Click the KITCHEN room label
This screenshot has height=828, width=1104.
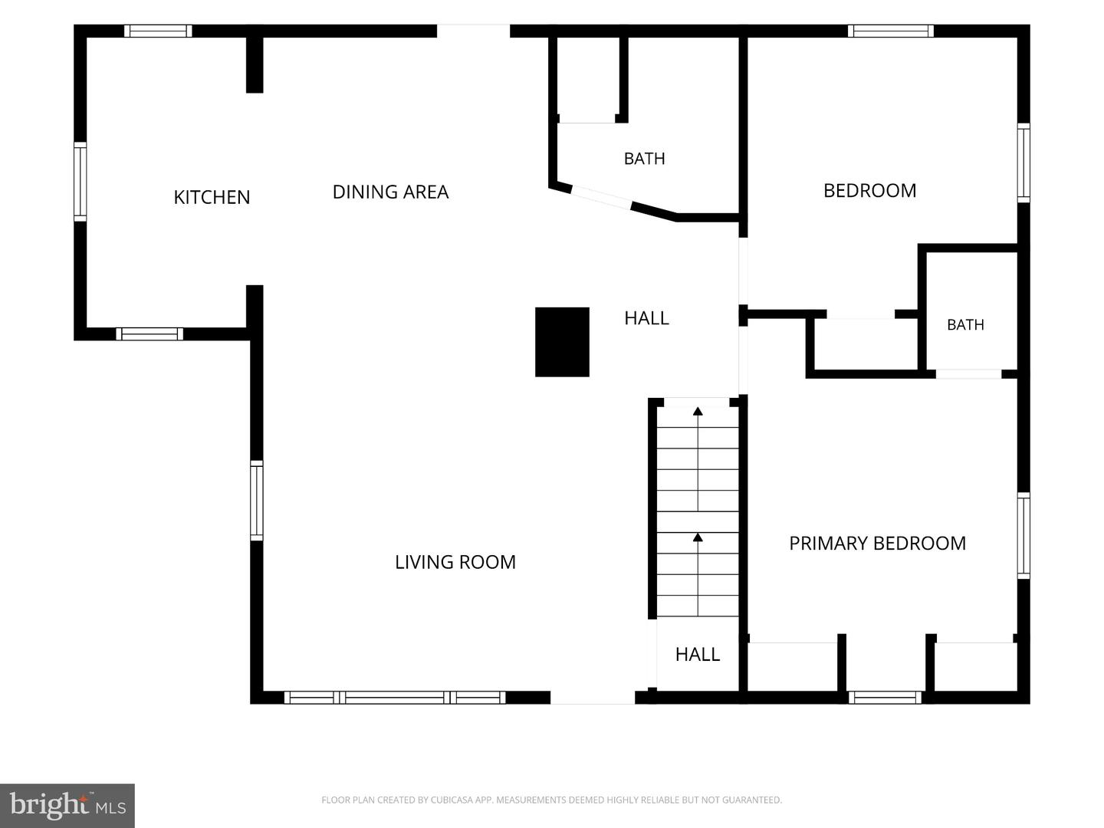212,197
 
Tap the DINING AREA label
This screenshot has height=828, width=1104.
390,192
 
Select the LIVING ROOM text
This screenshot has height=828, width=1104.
455,562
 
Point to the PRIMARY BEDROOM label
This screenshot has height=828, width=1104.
877,543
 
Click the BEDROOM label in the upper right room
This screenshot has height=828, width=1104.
869,191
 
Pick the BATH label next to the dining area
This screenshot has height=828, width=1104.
644,159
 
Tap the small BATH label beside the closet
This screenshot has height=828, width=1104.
965,325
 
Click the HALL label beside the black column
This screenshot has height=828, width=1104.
646,317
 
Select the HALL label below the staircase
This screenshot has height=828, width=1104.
697,654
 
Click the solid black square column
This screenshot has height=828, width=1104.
562,342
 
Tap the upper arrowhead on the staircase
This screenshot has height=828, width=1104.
698,411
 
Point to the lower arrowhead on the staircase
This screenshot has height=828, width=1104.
698,537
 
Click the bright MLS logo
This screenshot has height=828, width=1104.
67,806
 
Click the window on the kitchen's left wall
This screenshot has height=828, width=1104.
80,182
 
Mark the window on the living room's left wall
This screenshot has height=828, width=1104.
257,501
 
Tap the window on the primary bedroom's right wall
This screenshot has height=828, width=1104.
1024,536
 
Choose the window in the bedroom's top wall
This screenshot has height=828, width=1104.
890,31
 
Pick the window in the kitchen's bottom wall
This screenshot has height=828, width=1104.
149,333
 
